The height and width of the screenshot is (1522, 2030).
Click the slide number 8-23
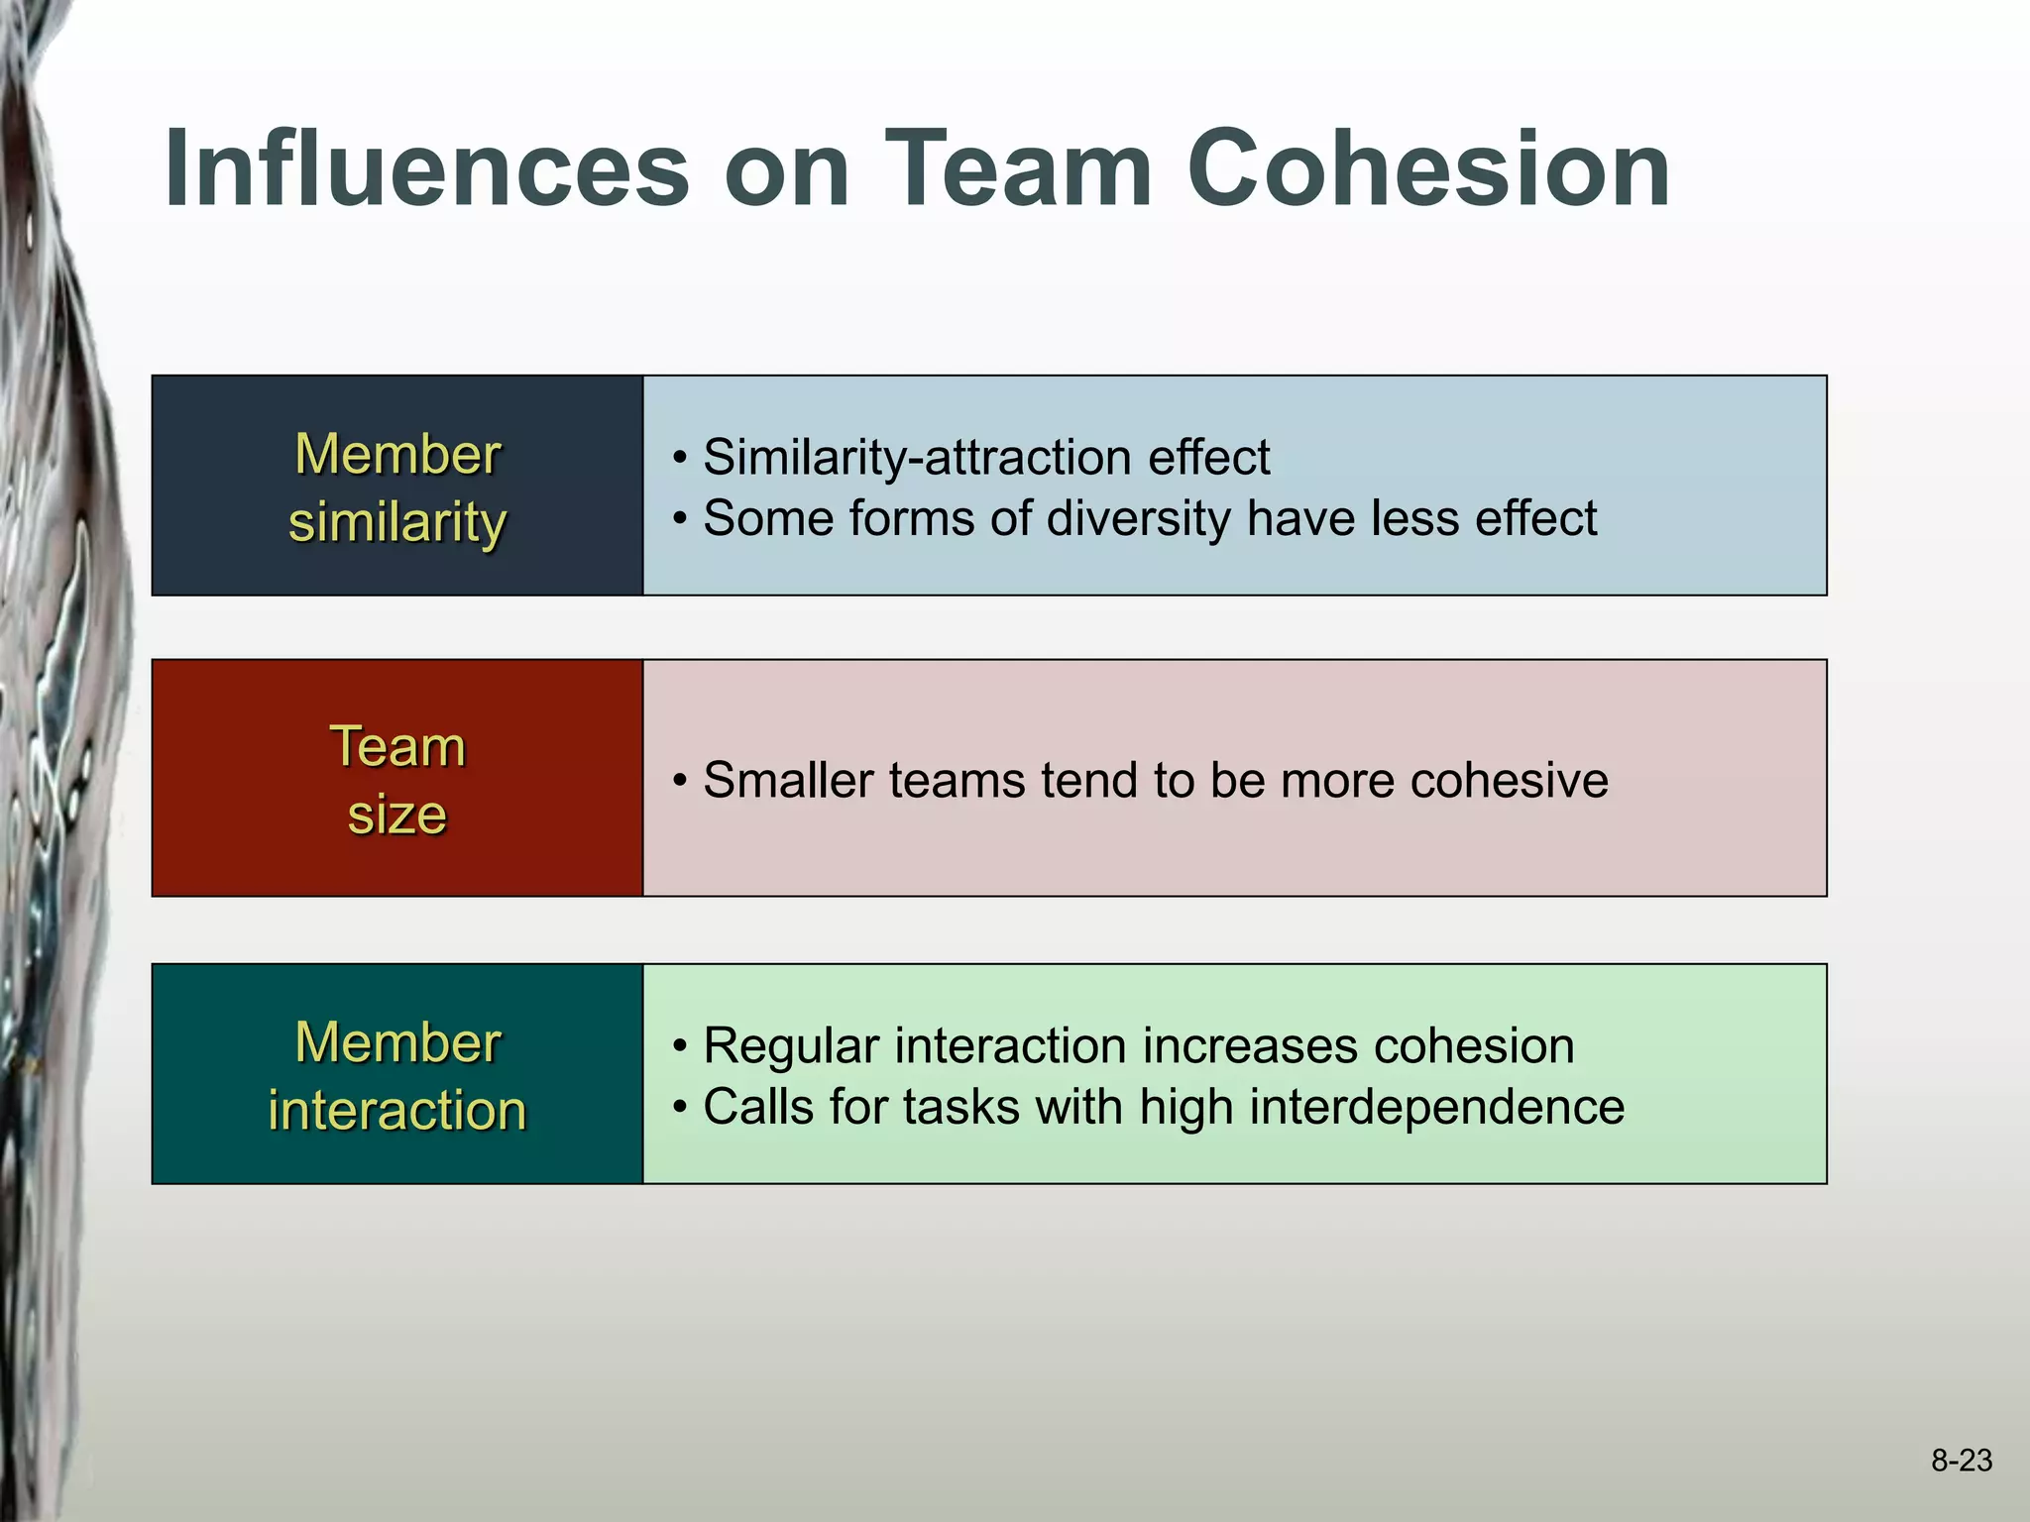click(x=1961, y=1460)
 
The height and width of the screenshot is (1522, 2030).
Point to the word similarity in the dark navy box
click(x=396, y=522)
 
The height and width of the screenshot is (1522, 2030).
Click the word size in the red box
click(x=396, y=815)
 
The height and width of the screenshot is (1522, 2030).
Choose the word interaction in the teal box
click(x=396, y=1109)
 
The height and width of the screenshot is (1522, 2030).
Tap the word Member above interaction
click(x=396, y=1042)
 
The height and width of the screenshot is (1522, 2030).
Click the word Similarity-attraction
click(x=917, y=458)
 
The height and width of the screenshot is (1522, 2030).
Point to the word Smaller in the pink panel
click(x=788, y=780)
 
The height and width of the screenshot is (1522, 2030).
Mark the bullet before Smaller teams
click(x=680, y=781)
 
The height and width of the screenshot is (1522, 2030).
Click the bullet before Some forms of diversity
click(x=680, y=519)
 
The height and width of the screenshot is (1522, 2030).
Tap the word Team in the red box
click(x=396, y=746)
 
